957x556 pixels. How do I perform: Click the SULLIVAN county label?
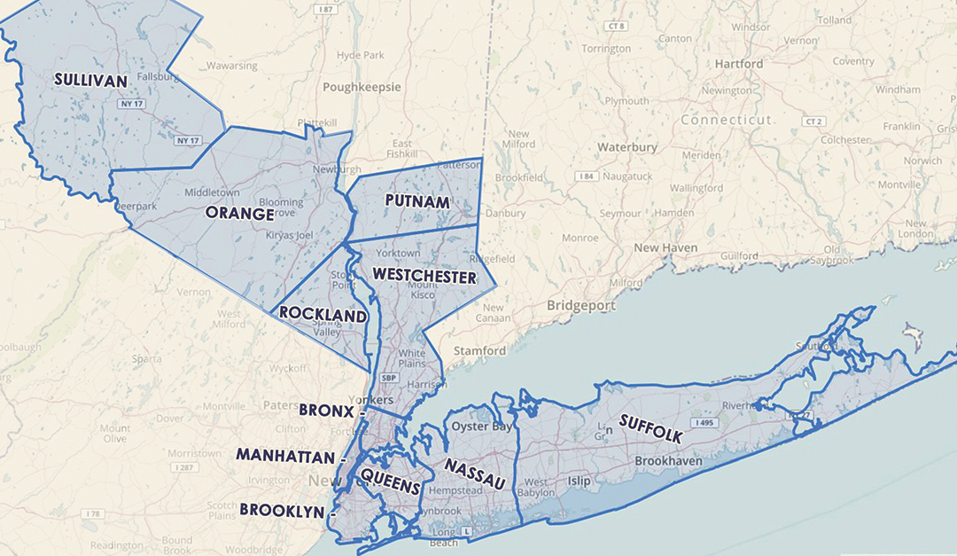[x=90, y=79]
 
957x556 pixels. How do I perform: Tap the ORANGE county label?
[x=239, y=214]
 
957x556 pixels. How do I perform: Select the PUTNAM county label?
[x=416, y=201]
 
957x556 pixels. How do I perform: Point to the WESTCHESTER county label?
[x=424, y=276]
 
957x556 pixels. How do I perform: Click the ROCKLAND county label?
[x=323, y=315]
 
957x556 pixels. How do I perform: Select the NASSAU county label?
[x=475, y=474]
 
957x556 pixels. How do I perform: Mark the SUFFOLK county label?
[x=651, y=428]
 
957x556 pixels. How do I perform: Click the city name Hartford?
[x=738, y=64]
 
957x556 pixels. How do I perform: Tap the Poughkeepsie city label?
[x=362, y=87]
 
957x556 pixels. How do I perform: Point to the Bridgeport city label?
[x=580, y=305]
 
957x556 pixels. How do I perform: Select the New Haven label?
[x=665, y=248]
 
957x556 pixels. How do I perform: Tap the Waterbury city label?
[x=626, y=146]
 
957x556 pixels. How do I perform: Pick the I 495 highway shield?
[x=704, y=423]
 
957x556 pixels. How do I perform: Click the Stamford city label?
[x=479, y=350]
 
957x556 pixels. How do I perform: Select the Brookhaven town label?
[x=668, y=462]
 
